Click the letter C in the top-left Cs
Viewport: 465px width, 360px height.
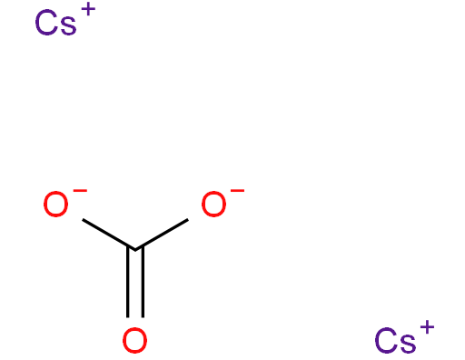[46, 24]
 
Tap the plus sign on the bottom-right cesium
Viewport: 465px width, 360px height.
[426, 329]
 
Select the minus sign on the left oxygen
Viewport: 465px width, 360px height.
[79, 193]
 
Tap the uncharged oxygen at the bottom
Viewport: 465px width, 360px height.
[135, 341]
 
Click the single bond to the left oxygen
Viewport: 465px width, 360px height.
[107, 234]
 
